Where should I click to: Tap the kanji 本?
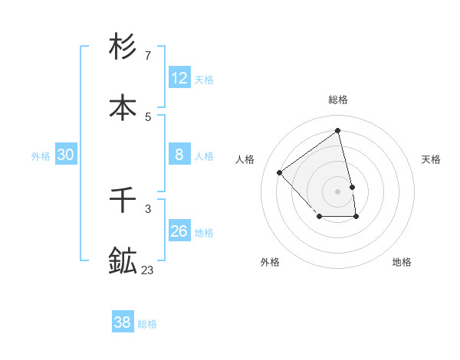click(x=123, y=106)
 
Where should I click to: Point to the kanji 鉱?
click(x=123, y=260)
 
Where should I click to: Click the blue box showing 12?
click(x=179, y=77)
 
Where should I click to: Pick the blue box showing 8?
click(x=179, y=154)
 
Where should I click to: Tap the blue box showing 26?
click(x=179, y=231)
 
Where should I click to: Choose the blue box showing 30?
click(x=66, y=154)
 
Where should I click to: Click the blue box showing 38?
click(x=123, y=322)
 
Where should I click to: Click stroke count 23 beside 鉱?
click(x=147, y=270)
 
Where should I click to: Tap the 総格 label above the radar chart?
click(x=337, y=100)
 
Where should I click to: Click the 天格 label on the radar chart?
click(x=431, y=159)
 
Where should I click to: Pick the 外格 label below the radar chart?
click(x=270, y=262)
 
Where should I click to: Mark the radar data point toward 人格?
click(x=280, y=172)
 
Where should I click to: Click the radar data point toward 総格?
click(x=337, y=130)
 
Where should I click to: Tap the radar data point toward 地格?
click(x=356, y=218)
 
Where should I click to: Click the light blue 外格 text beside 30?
click(x=41, y=155)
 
